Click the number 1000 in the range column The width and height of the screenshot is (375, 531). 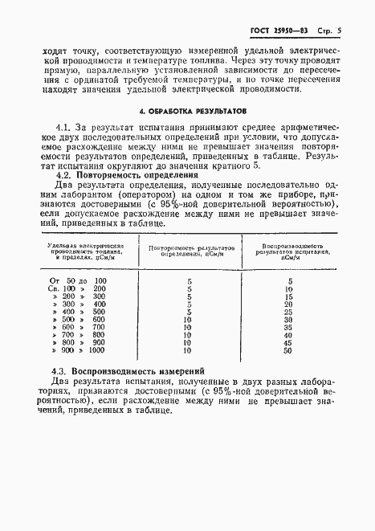[97, 350]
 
